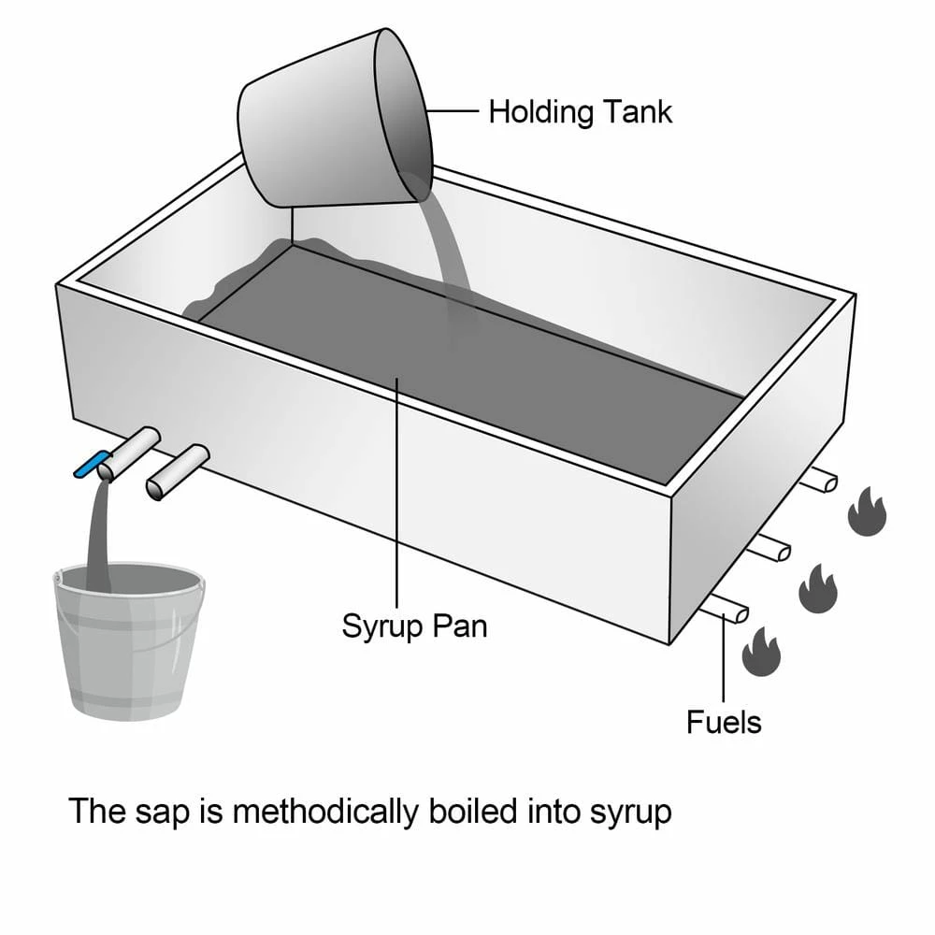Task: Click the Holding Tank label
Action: (x=580, y=112)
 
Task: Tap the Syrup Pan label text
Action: (x=414, y=625)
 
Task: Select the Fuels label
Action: (x=724, y=722)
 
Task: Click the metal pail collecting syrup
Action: (x=127, y=645)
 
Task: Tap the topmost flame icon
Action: (x=866, y=511)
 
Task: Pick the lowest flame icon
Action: (x=760, y=651)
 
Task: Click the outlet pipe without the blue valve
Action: (x=177, y=472)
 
